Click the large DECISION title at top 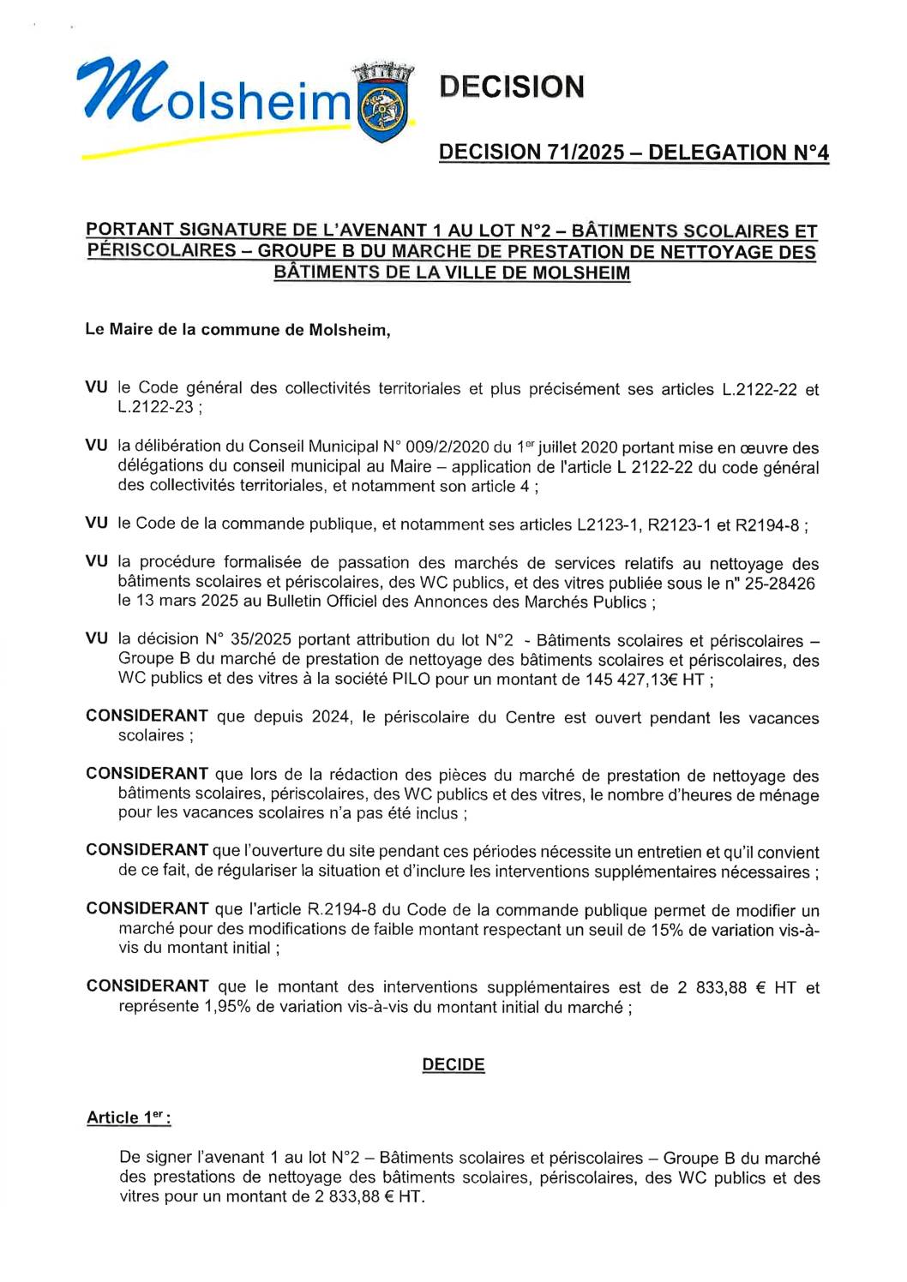(x=512, y=87)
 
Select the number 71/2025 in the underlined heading (x=585, y=153)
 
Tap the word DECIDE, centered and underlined (x=453, y=1064)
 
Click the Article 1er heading (x=129, y=1117)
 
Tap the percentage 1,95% (x=227, y=1007)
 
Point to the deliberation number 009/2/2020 (x=447, y=447)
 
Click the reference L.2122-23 (x=155, y=407)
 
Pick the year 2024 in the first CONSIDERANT (x=330, y=717)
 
